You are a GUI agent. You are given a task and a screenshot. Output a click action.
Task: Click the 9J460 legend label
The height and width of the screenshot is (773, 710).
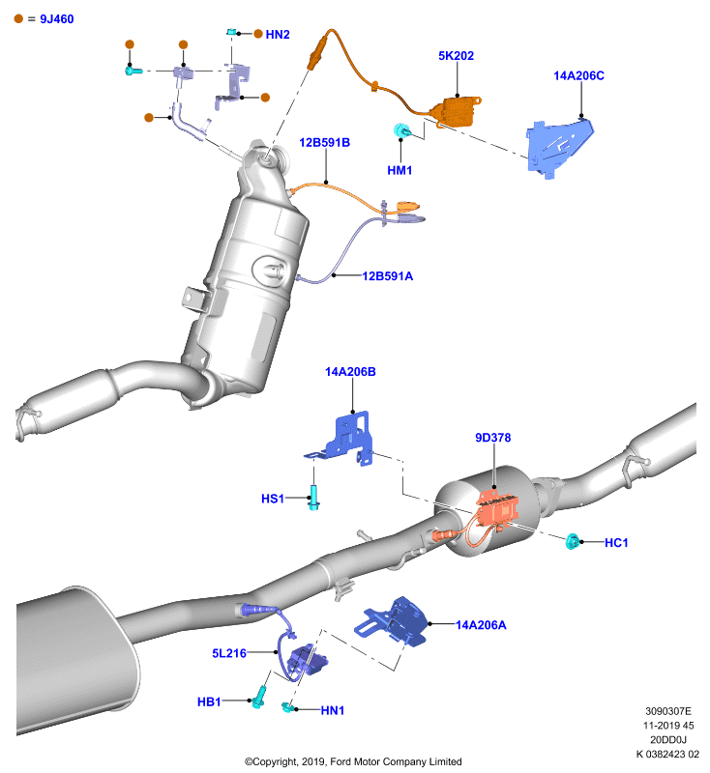coord(57,19)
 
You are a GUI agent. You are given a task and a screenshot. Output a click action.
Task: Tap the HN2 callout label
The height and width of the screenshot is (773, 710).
coord(278,35)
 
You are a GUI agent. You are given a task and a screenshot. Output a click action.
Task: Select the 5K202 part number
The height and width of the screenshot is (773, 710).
coord(456,56)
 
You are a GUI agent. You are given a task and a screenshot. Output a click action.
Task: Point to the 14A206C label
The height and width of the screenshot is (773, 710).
coord(578,76)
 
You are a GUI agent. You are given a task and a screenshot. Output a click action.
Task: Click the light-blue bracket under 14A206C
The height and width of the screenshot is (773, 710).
coord(558,148)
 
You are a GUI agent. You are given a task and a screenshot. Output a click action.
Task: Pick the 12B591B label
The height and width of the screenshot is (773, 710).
coord(325,142)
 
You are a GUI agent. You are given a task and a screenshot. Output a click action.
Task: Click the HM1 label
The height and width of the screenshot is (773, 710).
coord(399,171)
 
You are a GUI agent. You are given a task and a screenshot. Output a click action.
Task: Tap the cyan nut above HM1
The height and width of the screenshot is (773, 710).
coord(401,131)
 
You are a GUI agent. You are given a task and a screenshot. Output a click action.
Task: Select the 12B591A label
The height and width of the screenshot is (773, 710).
coord(388,276)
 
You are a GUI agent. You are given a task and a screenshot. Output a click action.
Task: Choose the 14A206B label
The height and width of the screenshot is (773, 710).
coord(350,372)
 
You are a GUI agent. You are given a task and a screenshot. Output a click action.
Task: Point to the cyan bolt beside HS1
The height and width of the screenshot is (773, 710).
coord(313,498)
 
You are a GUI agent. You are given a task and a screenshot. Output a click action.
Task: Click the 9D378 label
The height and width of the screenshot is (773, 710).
coord(493,438)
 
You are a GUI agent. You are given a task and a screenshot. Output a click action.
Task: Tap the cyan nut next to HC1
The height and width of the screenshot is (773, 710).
coord(573,541)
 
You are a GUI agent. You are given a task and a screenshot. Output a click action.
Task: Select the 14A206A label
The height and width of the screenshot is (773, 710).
coord(481,625)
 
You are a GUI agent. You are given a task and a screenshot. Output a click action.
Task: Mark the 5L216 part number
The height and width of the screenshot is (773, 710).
coord(229,653)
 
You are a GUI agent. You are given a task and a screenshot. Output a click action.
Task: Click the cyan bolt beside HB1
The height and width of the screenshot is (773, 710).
coord(259,697)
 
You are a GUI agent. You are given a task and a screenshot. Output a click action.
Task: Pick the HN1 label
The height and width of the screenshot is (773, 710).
coord(333,710)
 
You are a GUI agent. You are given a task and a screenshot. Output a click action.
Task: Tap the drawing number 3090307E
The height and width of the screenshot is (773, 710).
coord(668,711)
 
